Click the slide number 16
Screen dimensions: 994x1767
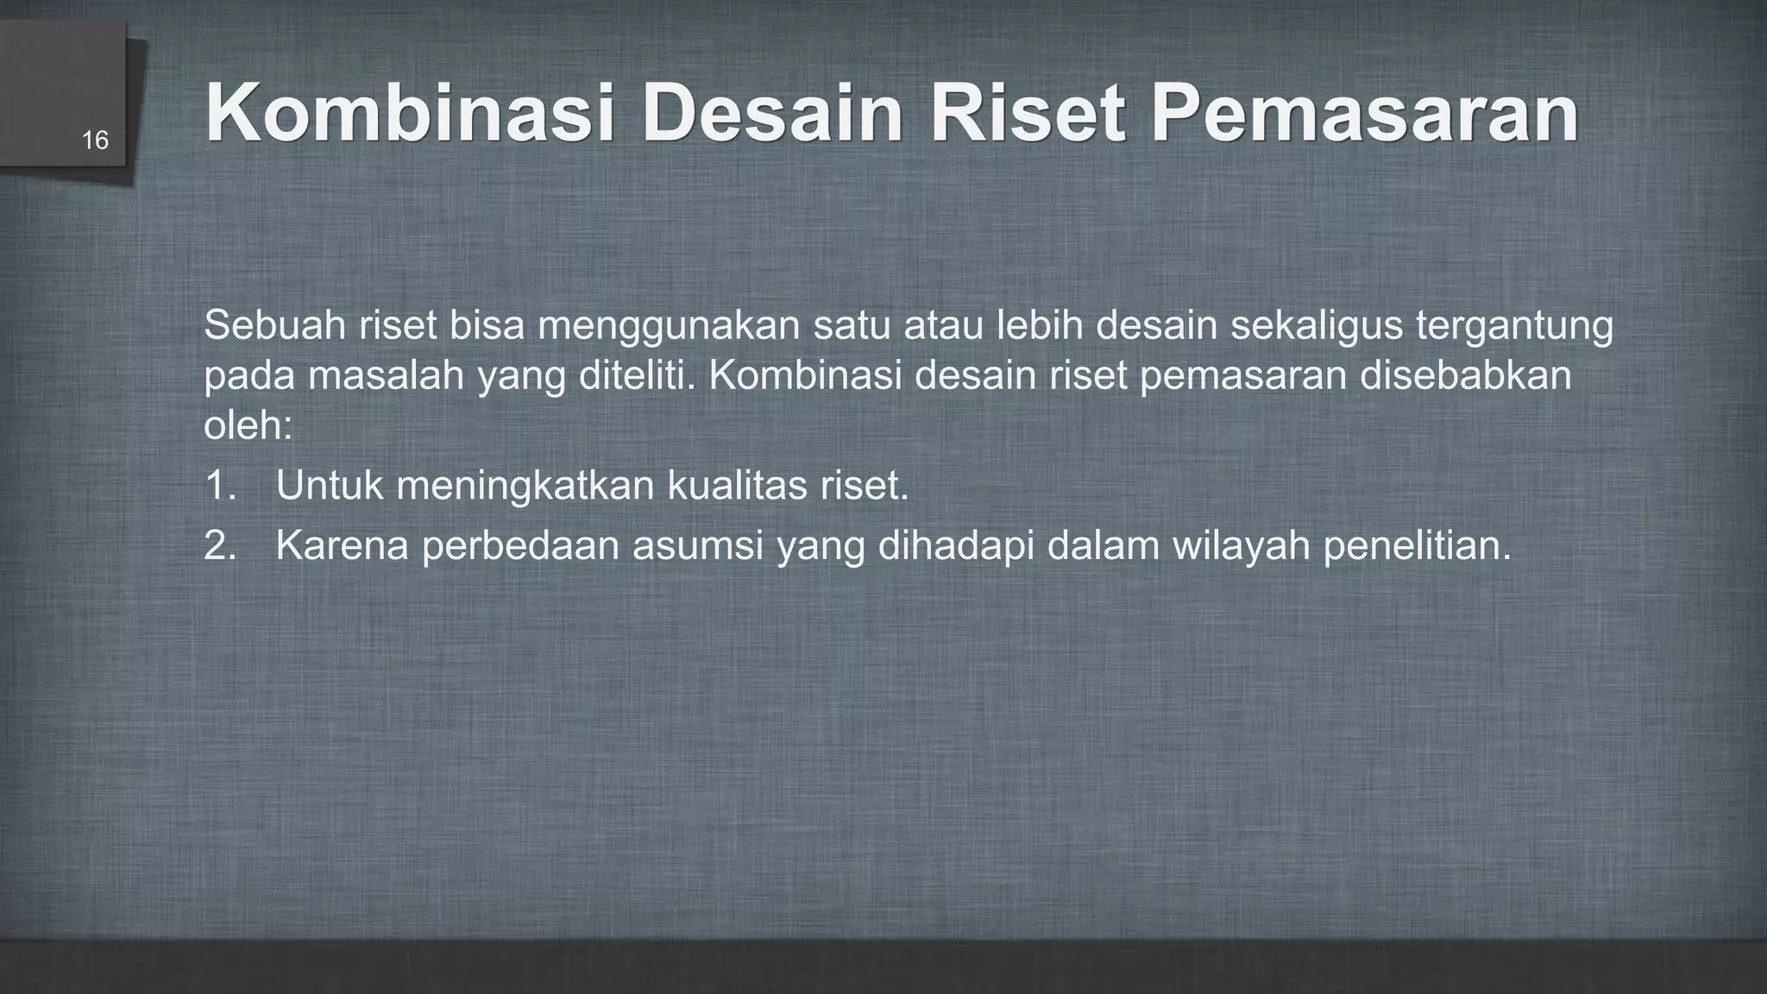[x=95, y=141]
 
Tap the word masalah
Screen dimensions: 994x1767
[x=386, y=376]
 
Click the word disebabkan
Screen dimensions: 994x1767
[x=1466, y=376]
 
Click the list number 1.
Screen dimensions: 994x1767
[x=219, y=486]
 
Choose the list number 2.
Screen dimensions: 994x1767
[x=219, y=546]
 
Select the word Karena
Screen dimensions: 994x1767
[x=342, y=546]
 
